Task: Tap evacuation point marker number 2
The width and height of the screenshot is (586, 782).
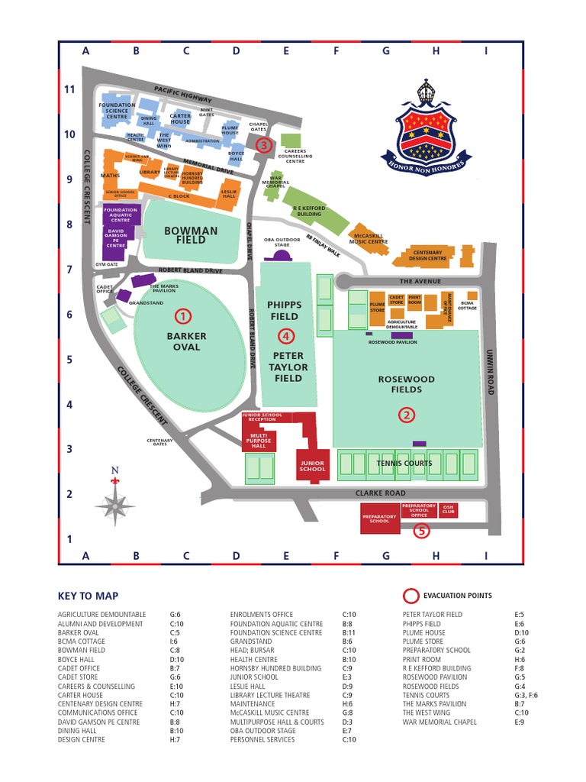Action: [407, 415]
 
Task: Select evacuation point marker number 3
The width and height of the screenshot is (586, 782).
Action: [264, 145]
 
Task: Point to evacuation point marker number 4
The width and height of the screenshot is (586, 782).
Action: [285, 335]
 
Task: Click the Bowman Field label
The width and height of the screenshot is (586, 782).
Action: [191, 235]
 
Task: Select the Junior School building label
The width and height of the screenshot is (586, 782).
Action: [312, 465]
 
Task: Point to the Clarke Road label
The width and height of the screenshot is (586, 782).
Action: [380, 493]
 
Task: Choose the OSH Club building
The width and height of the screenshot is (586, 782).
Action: [449, 509]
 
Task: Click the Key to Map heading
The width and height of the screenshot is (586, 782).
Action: [88, 596]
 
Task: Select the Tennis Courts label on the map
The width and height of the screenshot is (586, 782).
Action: [399, 464]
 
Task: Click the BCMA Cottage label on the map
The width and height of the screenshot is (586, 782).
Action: [468, 305]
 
